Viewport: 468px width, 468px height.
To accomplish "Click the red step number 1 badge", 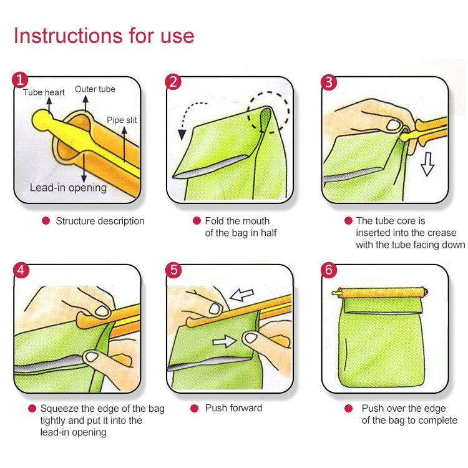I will pos(21,80).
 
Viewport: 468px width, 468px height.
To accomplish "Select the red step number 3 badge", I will pos(328,81).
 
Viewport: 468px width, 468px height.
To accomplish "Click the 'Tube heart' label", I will pos(44,92).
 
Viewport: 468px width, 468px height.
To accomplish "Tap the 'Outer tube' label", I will pos(95,89).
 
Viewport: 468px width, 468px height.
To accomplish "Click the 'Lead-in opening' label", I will pos(68,187).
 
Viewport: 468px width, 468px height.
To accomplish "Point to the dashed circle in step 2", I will pos(268,116).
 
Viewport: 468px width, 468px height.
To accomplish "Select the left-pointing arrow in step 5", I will pos(243,295).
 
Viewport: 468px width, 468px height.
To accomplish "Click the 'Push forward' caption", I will pos(233,408).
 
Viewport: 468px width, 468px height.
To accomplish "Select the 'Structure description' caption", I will pos(100,221).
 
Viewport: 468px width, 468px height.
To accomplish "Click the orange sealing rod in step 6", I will pos(381,293).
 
